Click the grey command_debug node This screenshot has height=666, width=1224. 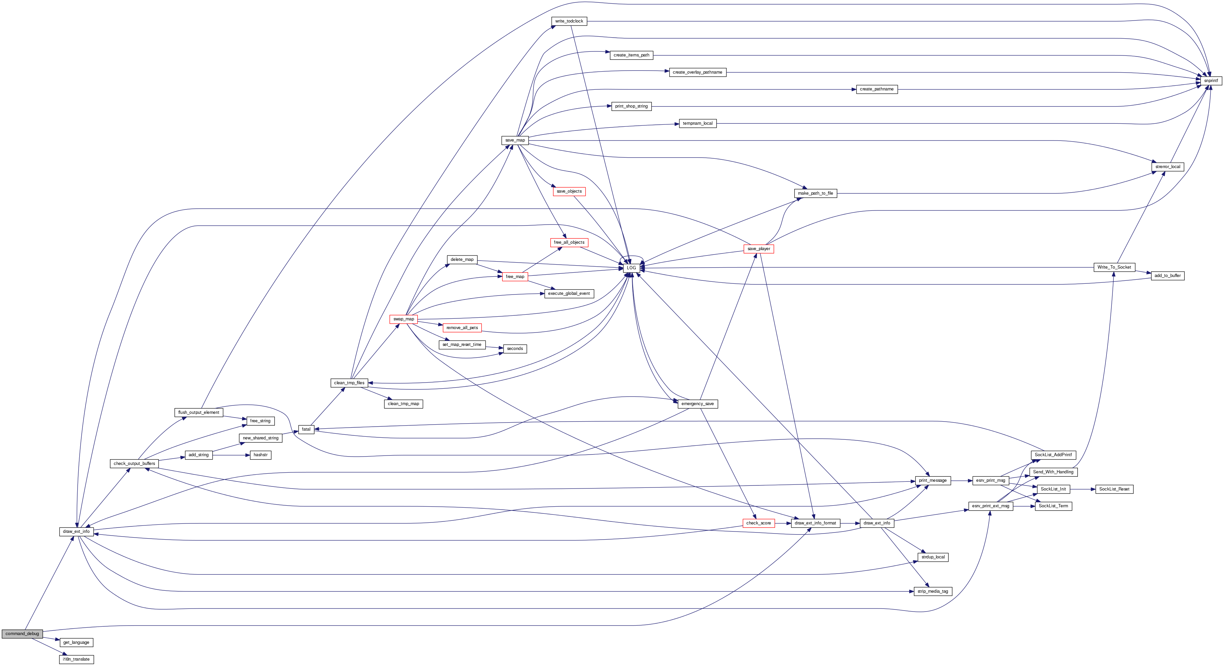tap(22, 634)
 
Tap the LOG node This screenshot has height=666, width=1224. tap(631, 268)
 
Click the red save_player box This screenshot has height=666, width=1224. tap(759, 249)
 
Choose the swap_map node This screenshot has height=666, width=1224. tap(404, 319)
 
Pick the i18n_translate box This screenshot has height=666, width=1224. tap(77, 659)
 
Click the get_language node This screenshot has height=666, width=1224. tap(77, 642)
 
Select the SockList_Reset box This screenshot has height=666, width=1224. tap(1114, 489)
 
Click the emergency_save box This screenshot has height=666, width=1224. tap(698, 403)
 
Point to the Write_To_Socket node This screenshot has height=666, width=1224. tap(1114, 267)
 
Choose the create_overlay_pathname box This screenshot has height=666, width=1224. tap(698, 72)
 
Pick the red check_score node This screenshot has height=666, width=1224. tap(759, 523)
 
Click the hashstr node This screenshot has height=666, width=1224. tap(260, 455)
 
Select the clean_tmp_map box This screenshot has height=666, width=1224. tap(404, 403)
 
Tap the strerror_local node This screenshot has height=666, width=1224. tap(1168, 167)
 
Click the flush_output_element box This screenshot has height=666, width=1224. tap(199, 412)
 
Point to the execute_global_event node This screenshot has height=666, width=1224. tap(569, 293)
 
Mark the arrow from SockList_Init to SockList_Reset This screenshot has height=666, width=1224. tap(1083, 489)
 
